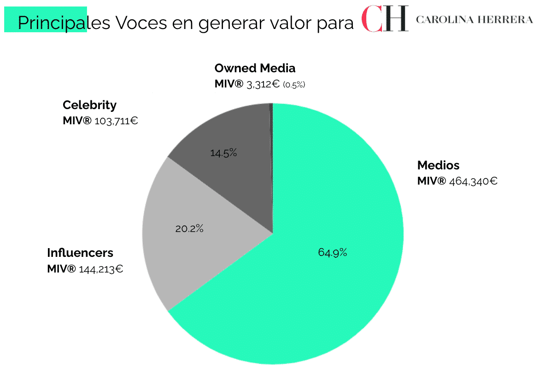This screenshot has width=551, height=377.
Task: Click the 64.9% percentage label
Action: pos(332,252)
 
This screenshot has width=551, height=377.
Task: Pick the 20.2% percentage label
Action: pos(189,228)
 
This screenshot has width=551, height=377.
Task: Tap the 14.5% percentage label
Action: pos(223,153)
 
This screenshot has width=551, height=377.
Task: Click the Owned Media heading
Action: pos(255,68)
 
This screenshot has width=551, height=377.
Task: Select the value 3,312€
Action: pos(263,84)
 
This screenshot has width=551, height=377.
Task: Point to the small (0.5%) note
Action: pos(294,85)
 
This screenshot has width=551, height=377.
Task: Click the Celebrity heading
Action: pos(89,105)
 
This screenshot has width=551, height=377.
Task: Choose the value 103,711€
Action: pos(116,121)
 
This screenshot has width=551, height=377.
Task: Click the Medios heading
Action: pos(438,165)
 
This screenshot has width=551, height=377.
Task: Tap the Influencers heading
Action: pos(80,253)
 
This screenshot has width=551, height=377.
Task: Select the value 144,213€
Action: pos(101,269)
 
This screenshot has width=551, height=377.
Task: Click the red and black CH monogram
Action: pos(385,19)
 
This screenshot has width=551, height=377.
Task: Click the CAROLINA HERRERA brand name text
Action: pos(475,19)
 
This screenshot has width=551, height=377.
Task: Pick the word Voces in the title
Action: pos(141,22)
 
